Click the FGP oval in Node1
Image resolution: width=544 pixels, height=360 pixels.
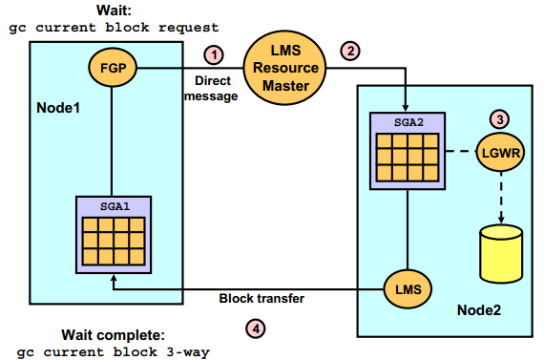112,68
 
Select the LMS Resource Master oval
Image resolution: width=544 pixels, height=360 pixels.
284,68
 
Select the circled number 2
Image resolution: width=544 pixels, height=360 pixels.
351,52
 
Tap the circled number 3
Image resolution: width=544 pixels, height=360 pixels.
499,118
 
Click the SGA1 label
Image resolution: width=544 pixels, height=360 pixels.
112,206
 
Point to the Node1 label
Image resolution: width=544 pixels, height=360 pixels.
58,107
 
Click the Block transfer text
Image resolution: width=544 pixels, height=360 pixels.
262,298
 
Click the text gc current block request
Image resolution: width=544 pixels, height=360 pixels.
114,28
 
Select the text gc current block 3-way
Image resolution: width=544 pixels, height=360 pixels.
114,350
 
